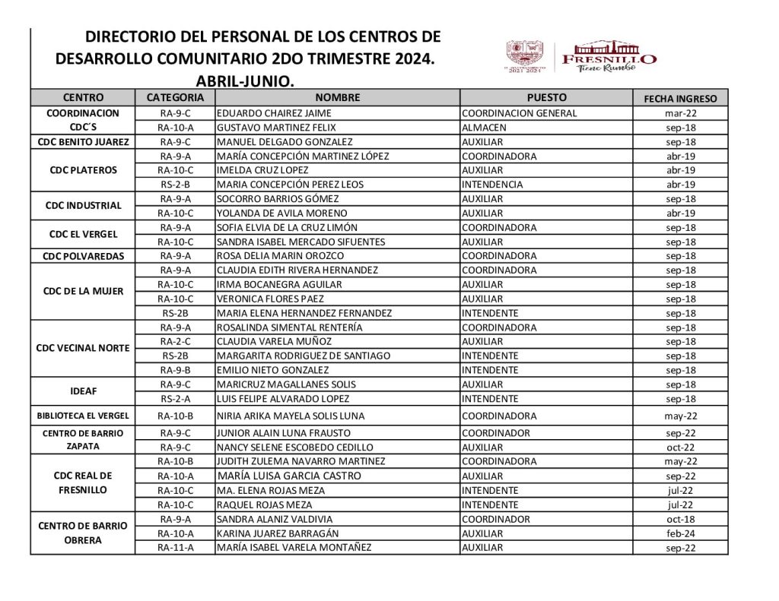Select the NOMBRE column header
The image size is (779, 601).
coord(337,98)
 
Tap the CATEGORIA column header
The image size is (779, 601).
coord(175,98)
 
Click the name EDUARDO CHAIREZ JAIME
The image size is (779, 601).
coord(264,113)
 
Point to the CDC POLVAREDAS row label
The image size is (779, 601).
coord(83,256)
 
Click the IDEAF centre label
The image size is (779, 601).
coord(83,391)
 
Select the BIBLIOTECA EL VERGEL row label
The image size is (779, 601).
coord(83,416)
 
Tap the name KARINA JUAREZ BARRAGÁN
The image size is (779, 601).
coord(278,533)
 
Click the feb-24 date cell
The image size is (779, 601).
coord(681,533)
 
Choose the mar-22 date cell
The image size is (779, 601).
coord(681,113)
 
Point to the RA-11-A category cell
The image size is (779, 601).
coord(175,548)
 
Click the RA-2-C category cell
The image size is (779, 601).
coord(175,342)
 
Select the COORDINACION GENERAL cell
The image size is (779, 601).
coord(520,113)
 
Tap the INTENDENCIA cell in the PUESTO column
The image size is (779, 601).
coord(492,185)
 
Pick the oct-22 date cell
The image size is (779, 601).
coord(681,448)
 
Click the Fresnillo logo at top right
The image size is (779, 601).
coord(582,57)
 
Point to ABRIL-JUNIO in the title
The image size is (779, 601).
coord(244,80)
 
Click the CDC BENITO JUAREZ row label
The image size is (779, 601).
coord(83,142)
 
